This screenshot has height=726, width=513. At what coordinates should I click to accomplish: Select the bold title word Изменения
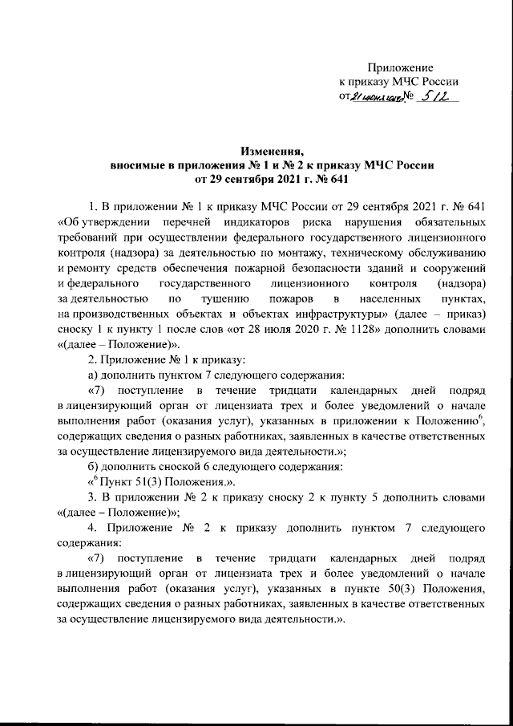273,150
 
